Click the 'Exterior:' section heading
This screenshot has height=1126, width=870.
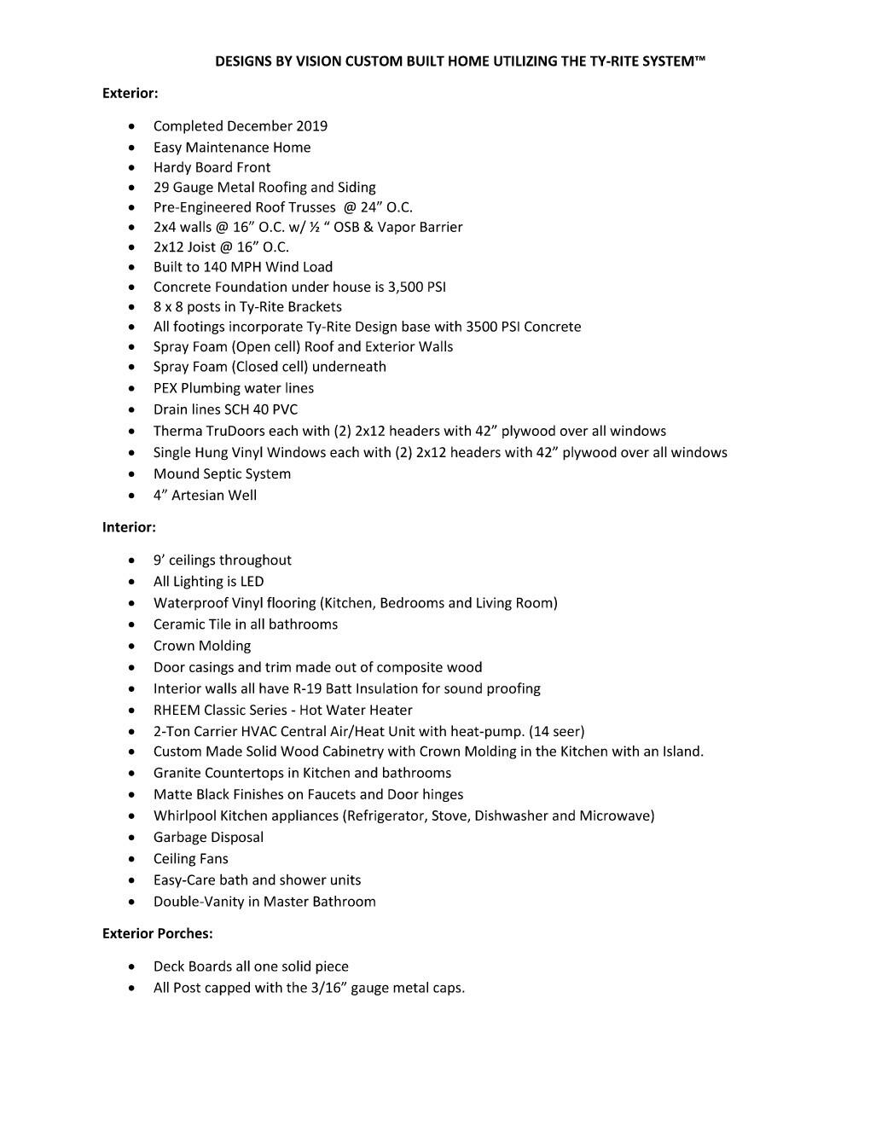point(130,93)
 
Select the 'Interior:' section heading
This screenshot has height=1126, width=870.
point(129,527)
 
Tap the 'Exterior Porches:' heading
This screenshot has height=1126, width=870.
point(157,933)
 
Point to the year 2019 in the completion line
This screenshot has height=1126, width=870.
point(311,126)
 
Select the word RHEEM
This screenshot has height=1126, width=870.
point(177,710)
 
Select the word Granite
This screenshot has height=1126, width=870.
point(177,773)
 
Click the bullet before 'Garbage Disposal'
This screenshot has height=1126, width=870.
point(131,838)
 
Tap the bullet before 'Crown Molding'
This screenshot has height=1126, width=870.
point(131,647)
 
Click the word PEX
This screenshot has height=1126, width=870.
point(165,388)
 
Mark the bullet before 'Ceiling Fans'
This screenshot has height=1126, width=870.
point(131,859)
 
